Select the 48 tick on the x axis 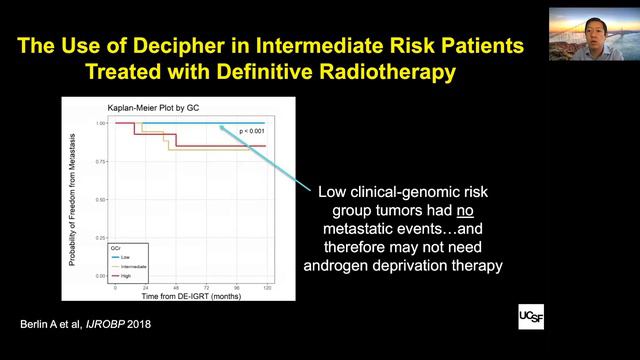point(176,286)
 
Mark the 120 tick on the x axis point(266,286)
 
